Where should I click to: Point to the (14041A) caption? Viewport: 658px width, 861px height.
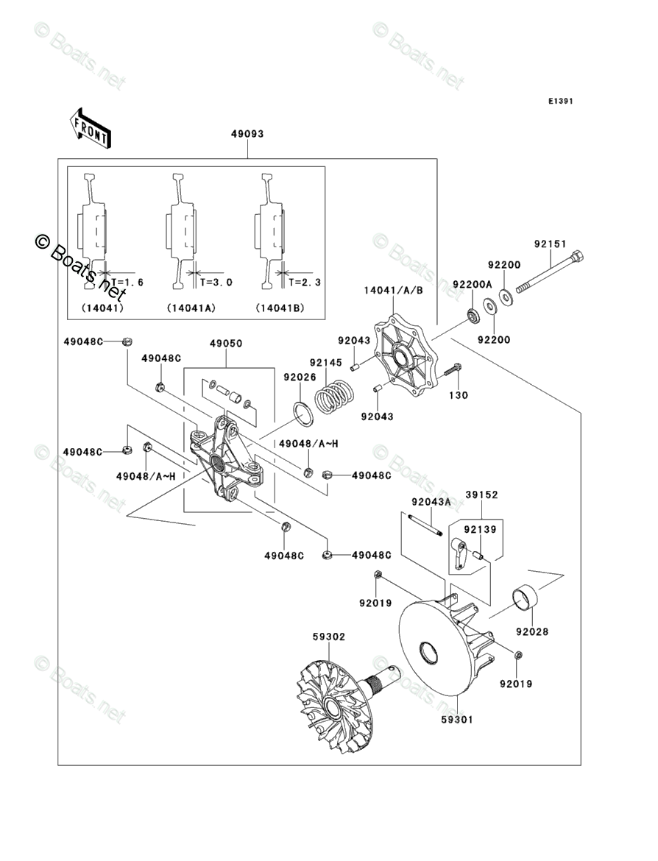tap(191, 308)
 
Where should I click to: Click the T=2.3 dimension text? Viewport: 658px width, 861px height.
tap(305, 282)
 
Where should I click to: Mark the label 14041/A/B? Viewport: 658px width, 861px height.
tap(393, 290)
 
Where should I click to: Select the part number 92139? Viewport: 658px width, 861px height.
tap(480, 529)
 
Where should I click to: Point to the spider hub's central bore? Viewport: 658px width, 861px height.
tap(218, 461)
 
